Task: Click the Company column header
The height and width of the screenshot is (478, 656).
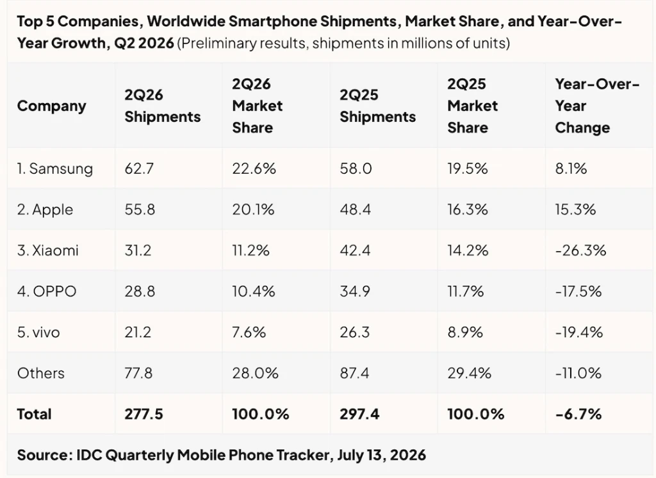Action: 51,106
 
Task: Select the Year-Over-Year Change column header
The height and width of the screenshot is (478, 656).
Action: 597,106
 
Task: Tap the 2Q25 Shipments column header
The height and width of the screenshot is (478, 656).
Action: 377,106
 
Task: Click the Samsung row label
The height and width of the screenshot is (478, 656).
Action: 55,169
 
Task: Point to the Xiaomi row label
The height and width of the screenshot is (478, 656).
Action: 47,251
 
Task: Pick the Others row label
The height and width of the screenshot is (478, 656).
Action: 41,373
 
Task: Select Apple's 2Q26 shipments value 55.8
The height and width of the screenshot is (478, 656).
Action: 140,210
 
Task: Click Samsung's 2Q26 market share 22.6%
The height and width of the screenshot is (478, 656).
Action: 254,169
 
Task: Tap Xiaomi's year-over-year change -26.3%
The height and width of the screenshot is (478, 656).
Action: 580,251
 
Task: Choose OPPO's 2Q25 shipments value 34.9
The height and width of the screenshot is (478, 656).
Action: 355,292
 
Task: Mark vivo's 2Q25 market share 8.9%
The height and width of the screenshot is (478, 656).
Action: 465,333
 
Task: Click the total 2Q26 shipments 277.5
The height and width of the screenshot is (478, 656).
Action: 143,414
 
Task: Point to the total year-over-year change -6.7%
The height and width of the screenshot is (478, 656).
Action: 578,414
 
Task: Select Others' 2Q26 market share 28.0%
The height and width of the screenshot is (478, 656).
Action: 255,373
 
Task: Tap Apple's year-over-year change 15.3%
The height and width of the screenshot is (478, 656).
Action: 575,210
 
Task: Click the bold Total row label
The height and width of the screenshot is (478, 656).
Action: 35,414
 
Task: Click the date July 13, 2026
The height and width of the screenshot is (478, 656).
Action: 381,455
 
